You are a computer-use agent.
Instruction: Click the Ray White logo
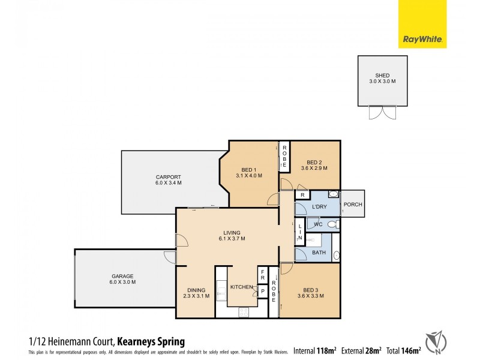(422, 25)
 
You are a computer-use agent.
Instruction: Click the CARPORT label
(168, 176)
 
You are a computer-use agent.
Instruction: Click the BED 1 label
(249, 169)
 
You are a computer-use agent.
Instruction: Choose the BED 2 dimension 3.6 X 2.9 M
(315, 168)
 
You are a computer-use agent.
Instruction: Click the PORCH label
(353, 205)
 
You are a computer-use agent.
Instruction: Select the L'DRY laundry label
(319, 207)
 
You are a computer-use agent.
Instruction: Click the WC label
(319, 224)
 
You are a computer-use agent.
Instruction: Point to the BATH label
(319, 253)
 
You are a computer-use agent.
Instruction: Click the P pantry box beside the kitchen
(262, 291)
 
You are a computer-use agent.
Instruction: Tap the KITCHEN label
(242, 287)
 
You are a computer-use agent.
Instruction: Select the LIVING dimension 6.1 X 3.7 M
(231, 239)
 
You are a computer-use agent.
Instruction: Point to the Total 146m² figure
(403, 349)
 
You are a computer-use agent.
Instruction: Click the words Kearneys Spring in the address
(151, 340)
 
